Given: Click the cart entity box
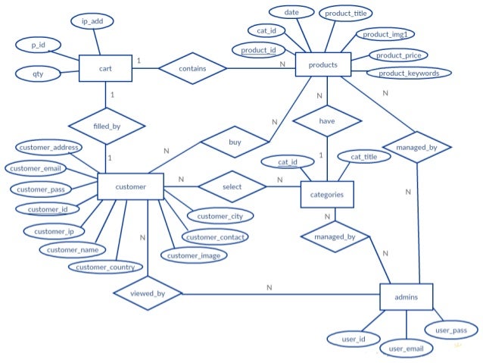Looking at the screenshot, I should coord(105,69).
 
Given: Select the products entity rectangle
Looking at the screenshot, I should coord(323,65).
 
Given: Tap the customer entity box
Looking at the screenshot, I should coord(130,186).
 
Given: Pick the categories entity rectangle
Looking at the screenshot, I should coord(327,195).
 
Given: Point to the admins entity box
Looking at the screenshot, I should coord(406,297).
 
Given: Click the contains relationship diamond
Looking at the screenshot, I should coord(192,69).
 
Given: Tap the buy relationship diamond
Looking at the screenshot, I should coord(235,142).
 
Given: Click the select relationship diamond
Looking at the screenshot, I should coord(231,186).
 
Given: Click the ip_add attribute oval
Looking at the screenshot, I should coord(93,21).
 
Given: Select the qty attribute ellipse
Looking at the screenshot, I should coord(38,74).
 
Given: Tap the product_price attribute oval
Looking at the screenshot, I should coord(398,55).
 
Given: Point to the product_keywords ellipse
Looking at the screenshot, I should coord(409,73).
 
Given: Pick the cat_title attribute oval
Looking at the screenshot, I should coord(363,157).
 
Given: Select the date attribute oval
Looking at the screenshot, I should coord(291,13).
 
